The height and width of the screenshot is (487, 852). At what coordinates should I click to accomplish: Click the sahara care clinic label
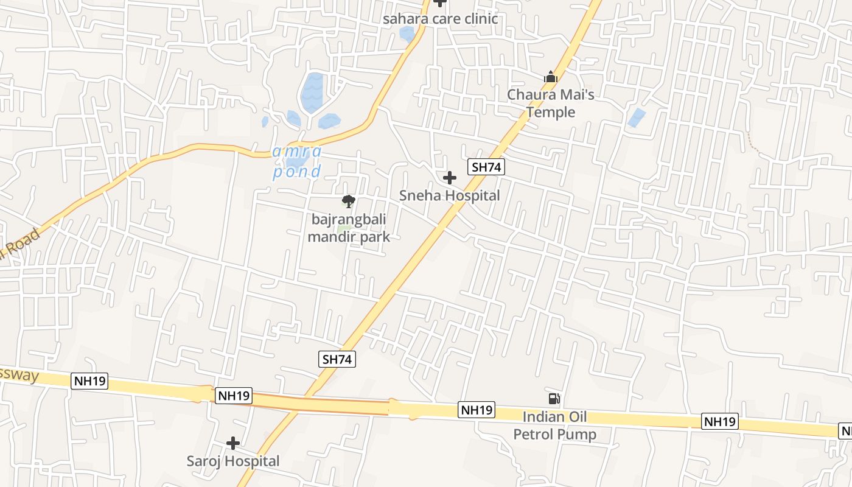click(x=440, y=19)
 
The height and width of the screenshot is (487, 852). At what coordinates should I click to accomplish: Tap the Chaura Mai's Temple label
click(x=551, y=103)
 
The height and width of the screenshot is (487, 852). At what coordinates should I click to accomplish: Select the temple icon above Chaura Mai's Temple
click(x=551, y=77)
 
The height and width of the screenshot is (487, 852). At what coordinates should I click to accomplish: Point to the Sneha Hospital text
click(x=449, y=195)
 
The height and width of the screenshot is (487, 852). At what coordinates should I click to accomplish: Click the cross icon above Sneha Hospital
click(x=450, y=178)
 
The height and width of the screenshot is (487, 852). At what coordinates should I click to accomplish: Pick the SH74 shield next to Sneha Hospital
click(x=486, y=167)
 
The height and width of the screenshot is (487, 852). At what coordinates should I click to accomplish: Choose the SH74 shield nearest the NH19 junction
click(x=337, y=359)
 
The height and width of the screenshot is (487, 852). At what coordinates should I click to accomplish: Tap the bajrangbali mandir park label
click(x=349, y=228)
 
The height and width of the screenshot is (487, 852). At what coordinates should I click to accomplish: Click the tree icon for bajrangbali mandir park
click(x=349, y=201)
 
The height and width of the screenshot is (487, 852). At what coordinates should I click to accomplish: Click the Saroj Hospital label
click(x=233, y=461)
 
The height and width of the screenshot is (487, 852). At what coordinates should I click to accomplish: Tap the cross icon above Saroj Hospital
click(x=232, y=443)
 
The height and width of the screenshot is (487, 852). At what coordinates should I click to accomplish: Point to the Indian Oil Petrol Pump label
click(x=555, y=426)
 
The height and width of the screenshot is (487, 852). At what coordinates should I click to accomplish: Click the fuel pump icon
click(x=554, y=399)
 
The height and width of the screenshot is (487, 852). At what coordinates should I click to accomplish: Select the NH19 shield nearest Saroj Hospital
click(x=234, y=396)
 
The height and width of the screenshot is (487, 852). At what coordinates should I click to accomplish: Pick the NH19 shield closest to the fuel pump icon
click(x=477, y=410)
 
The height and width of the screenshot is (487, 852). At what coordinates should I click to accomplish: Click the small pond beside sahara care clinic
click(x=407, y=33)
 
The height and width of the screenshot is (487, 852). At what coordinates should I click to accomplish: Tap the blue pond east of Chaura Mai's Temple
click(x=637, y=117)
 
